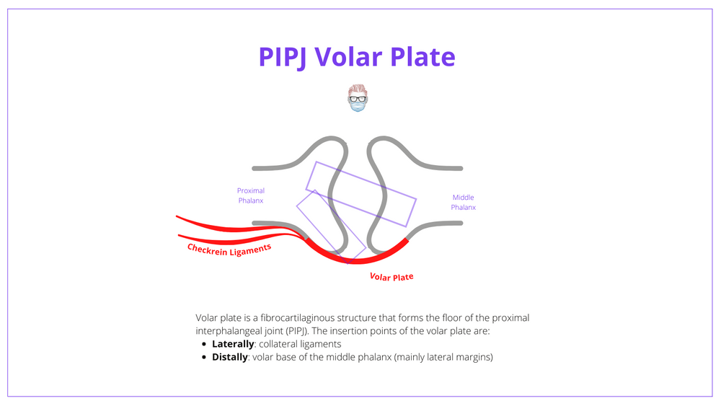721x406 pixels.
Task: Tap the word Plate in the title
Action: (421, 57)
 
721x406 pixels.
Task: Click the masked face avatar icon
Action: (357, 98)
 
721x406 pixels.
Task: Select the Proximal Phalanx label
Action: (251, 195)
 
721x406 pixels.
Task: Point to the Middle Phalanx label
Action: (464, 202)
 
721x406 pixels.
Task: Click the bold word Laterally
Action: (232, 344)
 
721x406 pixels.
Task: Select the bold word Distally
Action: (230, 357)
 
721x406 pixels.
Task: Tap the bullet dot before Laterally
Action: (205, 345)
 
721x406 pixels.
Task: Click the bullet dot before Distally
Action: (205, 358)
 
